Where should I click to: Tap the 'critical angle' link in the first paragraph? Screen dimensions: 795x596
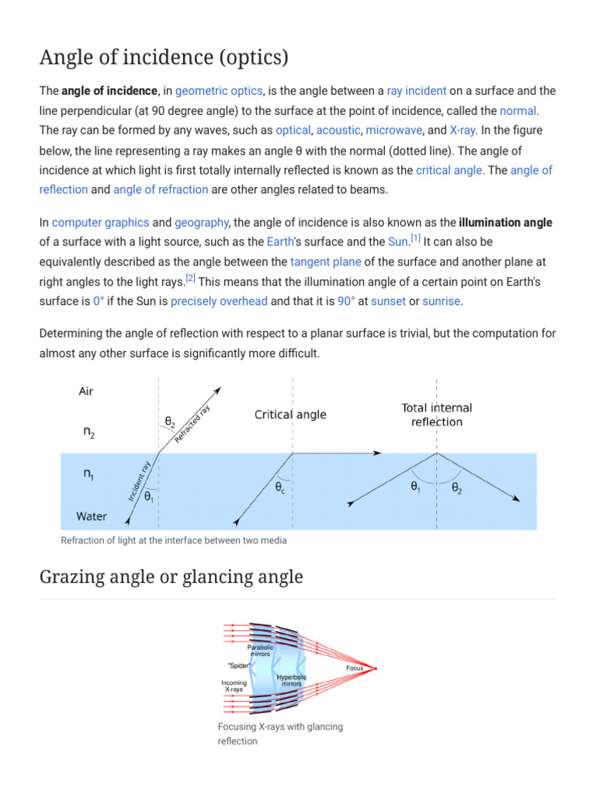(x=449, y=170)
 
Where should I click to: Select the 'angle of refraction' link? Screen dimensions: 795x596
(x=161, y=189)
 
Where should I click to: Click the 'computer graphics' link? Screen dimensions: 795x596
(x=100, y=223)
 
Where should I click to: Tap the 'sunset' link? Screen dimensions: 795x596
(x=388, y=301)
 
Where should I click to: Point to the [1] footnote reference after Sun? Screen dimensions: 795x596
(x=416, y=238)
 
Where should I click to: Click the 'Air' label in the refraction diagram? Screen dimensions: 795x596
(x=86, y=391)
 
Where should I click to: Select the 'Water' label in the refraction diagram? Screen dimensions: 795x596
(x=92, y=516)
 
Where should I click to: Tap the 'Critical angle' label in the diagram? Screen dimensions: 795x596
(x=290, y=415)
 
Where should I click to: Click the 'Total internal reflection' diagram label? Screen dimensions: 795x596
(x=436, y=415)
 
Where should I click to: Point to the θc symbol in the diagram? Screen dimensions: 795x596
(x=280, y=489)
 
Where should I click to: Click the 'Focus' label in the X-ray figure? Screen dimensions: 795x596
(x=355, y=668)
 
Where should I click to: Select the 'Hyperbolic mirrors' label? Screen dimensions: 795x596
(x=292, y=680)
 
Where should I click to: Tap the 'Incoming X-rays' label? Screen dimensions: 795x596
(x=234, y=686)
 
